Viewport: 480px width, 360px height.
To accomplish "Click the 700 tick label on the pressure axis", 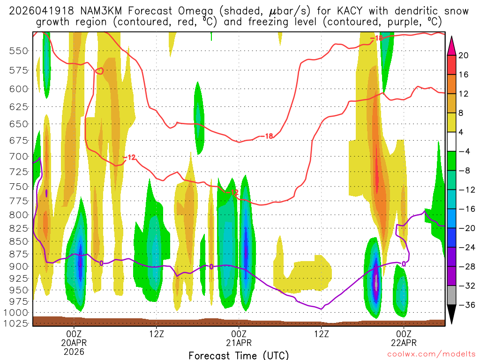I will click(x=18, y=156).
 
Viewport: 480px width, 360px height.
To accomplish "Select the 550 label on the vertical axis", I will click(x=18, y=51).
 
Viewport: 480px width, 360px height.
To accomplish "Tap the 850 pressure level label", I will click(x=18, y=241).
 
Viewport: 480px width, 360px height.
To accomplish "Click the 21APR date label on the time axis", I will click(x=239, y=342).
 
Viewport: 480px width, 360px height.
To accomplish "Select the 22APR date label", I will click(x=404, y=342).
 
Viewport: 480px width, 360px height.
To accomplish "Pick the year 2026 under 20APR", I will click(x=74, y=351).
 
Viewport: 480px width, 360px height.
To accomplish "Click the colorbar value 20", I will click(x=464, y=55).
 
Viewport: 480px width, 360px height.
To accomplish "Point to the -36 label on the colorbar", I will click(x=465, y=305).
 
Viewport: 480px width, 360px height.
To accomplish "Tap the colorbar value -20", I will click(x=465, y=228).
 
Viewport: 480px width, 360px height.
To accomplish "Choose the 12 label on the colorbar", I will click(x=464, y=94).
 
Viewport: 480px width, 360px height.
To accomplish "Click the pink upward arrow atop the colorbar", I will click(x=452, y=45).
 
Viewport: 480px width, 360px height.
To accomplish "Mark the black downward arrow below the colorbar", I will click(x=452, y=315).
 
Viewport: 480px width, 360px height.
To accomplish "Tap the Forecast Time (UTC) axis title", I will click(x=239, y=355).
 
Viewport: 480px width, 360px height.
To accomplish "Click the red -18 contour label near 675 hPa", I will click(x=268, y=136).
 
